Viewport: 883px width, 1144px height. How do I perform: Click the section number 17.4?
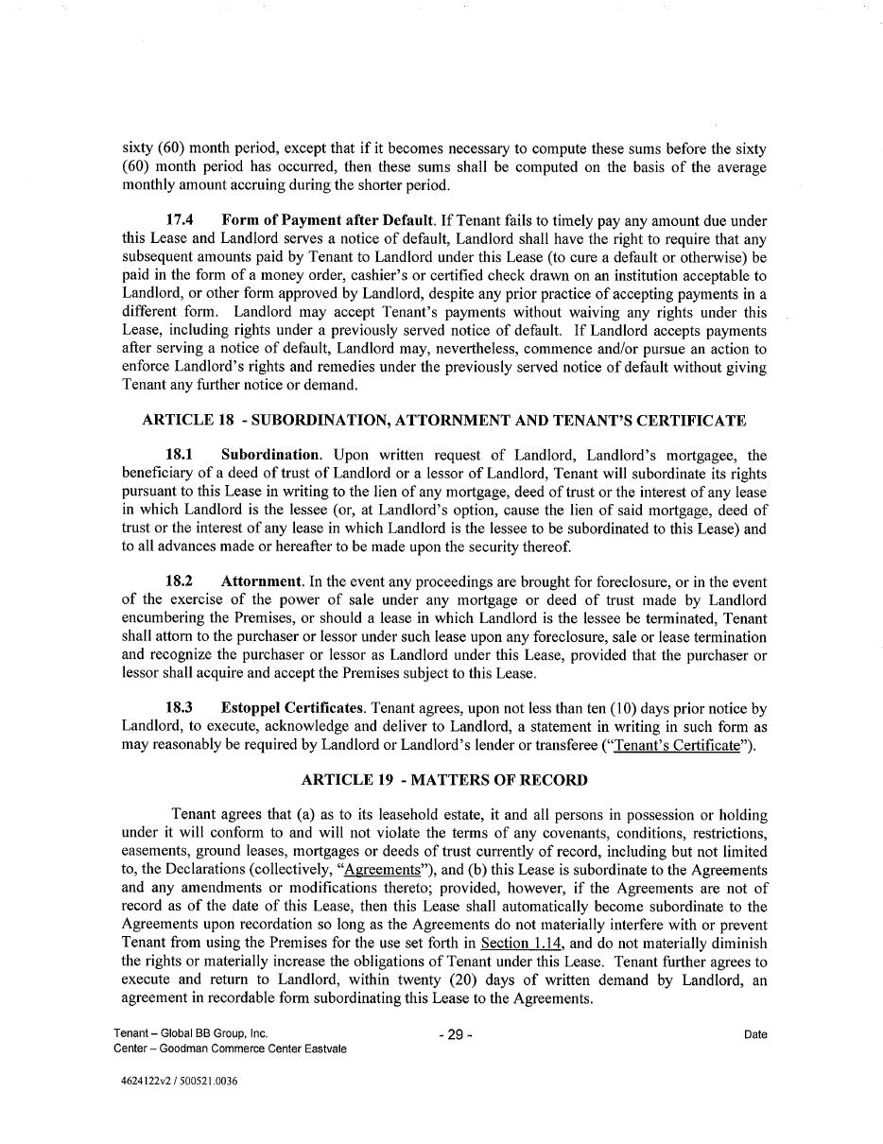point(180,221)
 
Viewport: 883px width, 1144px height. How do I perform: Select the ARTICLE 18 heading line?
point(443,420)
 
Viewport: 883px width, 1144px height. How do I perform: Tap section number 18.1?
point(180,456)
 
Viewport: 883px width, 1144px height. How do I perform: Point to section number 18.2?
point(180,582)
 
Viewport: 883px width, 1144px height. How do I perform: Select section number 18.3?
point(180,708)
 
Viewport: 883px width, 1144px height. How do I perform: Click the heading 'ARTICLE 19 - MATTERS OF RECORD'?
point(443,780)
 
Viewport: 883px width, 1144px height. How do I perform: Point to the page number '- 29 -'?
point(455,1035)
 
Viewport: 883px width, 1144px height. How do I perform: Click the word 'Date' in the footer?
point(755,1035)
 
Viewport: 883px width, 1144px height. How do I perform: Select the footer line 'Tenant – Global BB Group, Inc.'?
point(190,1034)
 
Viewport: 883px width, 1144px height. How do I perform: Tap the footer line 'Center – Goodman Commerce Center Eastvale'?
point(229,1049)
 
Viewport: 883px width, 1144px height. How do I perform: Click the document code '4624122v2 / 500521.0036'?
point(174,1082)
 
